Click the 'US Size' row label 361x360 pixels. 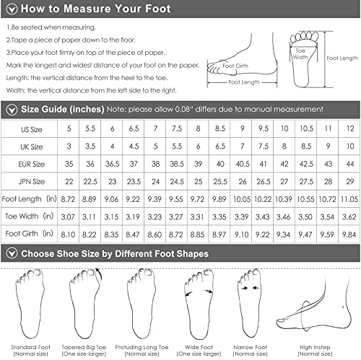[x=32, y=129]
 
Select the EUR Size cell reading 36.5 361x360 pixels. [x=112, y=164]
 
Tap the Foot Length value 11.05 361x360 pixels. [x=349, y=199]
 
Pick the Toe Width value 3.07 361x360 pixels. [x=68, y=217]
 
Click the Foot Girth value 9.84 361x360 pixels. [x=349, y=234]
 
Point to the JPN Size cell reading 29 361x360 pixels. [x=350, y=182]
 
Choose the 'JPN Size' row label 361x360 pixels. [x=32, y=182]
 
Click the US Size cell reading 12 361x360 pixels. [x=350, y=128]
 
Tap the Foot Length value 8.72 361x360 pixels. [x=68, y=199]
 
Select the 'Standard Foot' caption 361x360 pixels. [x=30, y=347]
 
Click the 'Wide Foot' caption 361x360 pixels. [x=199, y=347]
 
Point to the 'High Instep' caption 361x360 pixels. [x=315, y=347]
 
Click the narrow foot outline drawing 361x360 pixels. [x=249, y=304]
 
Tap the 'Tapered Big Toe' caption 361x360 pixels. [x=84, y=347]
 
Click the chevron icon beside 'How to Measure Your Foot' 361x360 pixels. [x=12, y=9]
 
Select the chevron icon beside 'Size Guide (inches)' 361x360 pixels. [x=12, y=110]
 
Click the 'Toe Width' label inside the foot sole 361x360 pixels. [x=300, y=54]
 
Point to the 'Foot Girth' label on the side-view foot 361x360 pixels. [x=235, y=66]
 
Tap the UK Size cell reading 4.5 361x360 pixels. [x=134, y=146]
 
